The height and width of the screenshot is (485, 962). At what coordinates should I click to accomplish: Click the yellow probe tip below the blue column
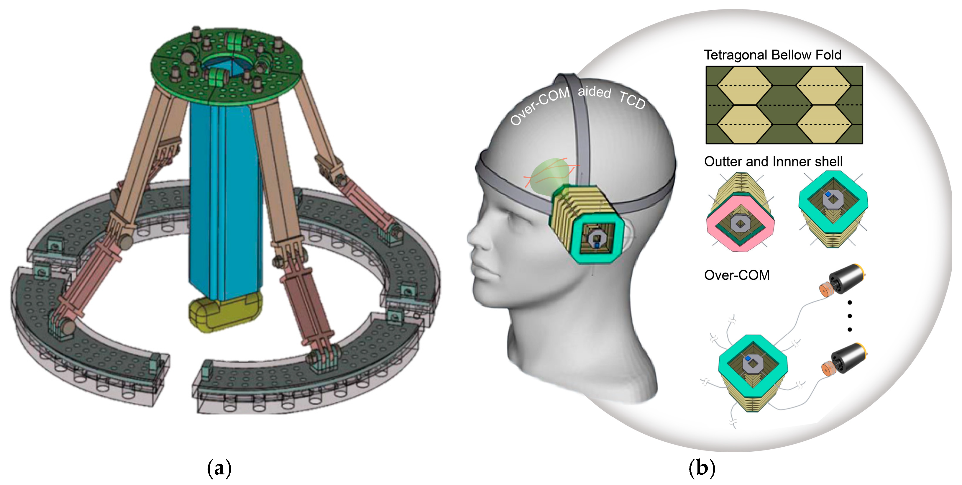click(x=224, y=312)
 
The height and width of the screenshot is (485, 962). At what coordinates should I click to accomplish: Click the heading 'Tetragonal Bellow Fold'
click(x=772, y=55)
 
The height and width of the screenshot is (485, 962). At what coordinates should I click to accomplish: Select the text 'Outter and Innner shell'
click(x=773, y=161)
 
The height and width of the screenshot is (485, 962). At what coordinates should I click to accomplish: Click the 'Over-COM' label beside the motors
click(x=736, y=275)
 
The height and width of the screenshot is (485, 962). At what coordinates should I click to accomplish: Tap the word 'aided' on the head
click(x=594, y=91)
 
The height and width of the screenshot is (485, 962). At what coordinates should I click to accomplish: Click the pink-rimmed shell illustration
click(x=740, y=220)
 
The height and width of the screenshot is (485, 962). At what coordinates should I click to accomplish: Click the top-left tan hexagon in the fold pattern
click(x=744, y=86)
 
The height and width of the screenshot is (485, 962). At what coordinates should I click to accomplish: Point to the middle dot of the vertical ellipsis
click(x=850, y=316)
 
